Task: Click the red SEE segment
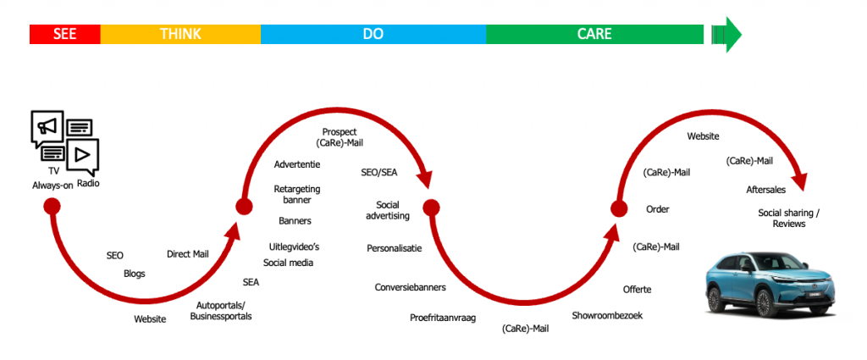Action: pos(64,34)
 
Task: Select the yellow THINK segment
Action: pos(180,34)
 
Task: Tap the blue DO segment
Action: pos(373,34)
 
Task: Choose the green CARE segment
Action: pos(594,34)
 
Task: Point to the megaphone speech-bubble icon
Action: pos(47,129)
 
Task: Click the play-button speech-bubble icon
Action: pos(82,157)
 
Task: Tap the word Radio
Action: pos(88,183)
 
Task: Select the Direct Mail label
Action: pos(188,254)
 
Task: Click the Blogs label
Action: pos(135,274)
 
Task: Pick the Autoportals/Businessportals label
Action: pos(221,311)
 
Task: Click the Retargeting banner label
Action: pos(297,194)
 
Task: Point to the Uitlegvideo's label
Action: pos(294,246)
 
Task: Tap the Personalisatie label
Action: pos(395,248)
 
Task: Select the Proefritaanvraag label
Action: pos(443,318)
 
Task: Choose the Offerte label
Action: pos(637,289)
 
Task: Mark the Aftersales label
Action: pos(765,190)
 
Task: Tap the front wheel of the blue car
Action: pos(765,303)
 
